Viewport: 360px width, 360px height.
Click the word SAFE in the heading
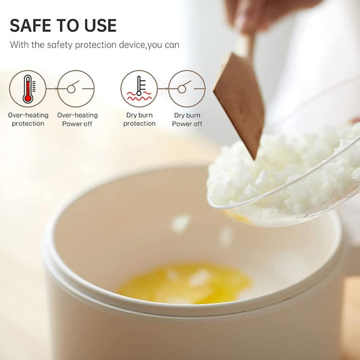click(x=30, y=25)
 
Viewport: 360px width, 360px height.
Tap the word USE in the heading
click(x=101, y=25)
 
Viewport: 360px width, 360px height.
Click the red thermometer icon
click(x=28, y=88)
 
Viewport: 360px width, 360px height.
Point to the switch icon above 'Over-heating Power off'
click(x=76, y=88)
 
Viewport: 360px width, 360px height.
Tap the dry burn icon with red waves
click(x=139, y=88)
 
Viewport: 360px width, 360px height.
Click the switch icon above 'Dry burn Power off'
click(x=187, y=88)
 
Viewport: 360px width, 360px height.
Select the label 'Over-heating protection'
click(x=28, y=120)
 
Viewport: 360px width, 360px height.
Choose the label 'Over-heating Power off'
click(x=78, y=120)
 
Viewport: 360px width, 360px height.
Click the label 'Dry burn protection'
click(x=139, y=120)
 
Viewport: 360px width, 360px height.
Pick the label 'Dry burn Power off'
click(x=187, y=120)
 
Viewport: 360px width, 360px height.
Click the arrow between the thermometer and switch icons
click(x=52, y=88)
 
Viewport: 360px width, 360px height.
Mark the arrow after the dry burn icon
click(x=163, y=88)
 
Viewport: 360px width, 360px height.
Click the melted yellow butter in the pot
click(x=185, y=283)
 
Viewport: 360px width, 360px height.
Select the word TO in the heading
click(x=68, y=25)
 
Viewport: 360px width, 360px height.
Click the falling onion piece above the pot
click(x=181, y=223)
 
